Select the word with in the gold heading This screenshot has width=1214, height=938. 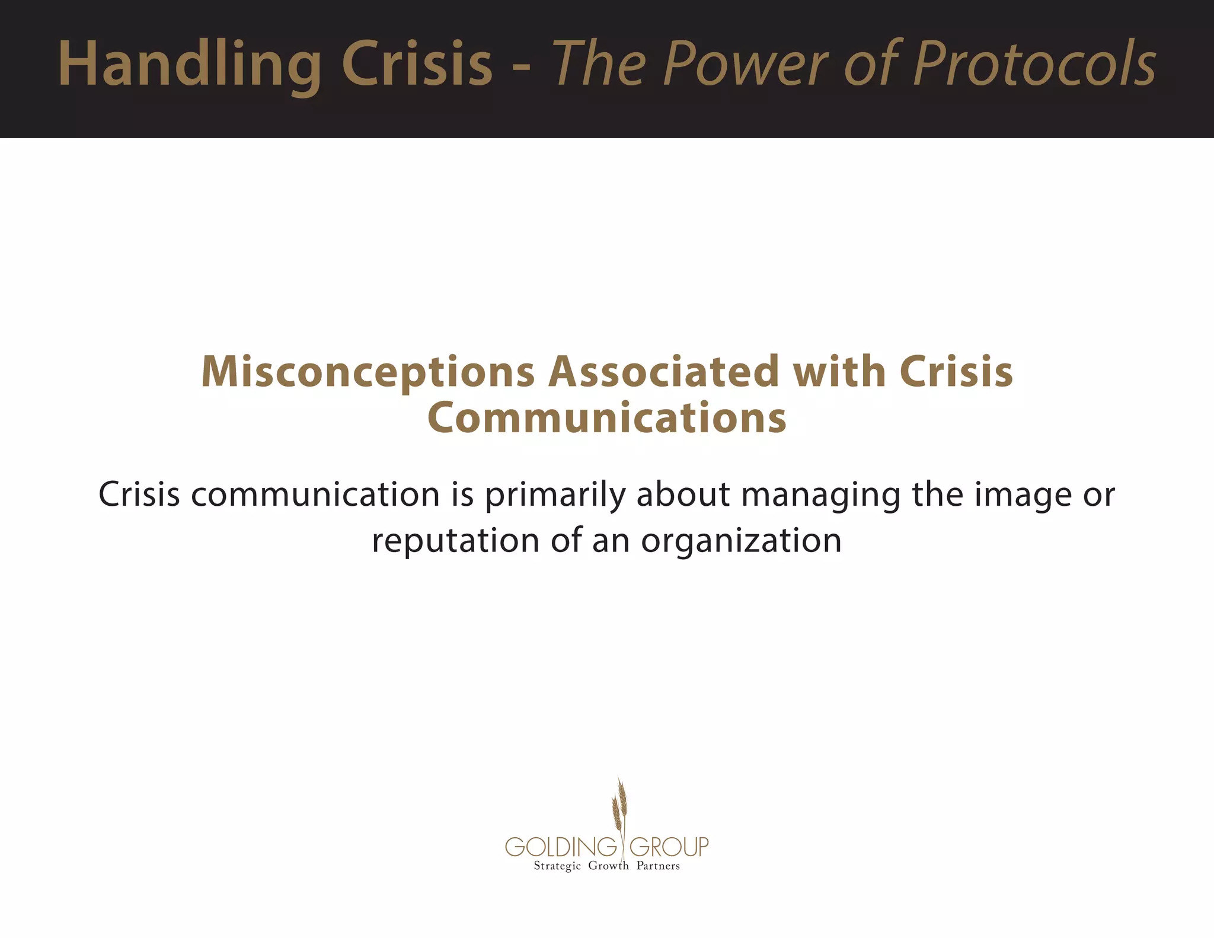coord(839,372)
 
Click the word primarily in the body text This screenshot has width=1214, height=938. coord(555,495)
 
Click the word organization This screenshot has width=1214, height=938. coord(741,541)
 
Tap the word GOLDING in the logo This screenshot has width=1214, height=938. coord(561,847)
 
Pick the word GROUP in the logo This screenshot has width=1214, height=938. coord(669,847)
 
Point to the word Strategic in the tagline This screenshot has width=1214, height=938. coord(557,866)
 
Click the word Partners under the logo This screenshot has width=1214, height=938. coord(658,866)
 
